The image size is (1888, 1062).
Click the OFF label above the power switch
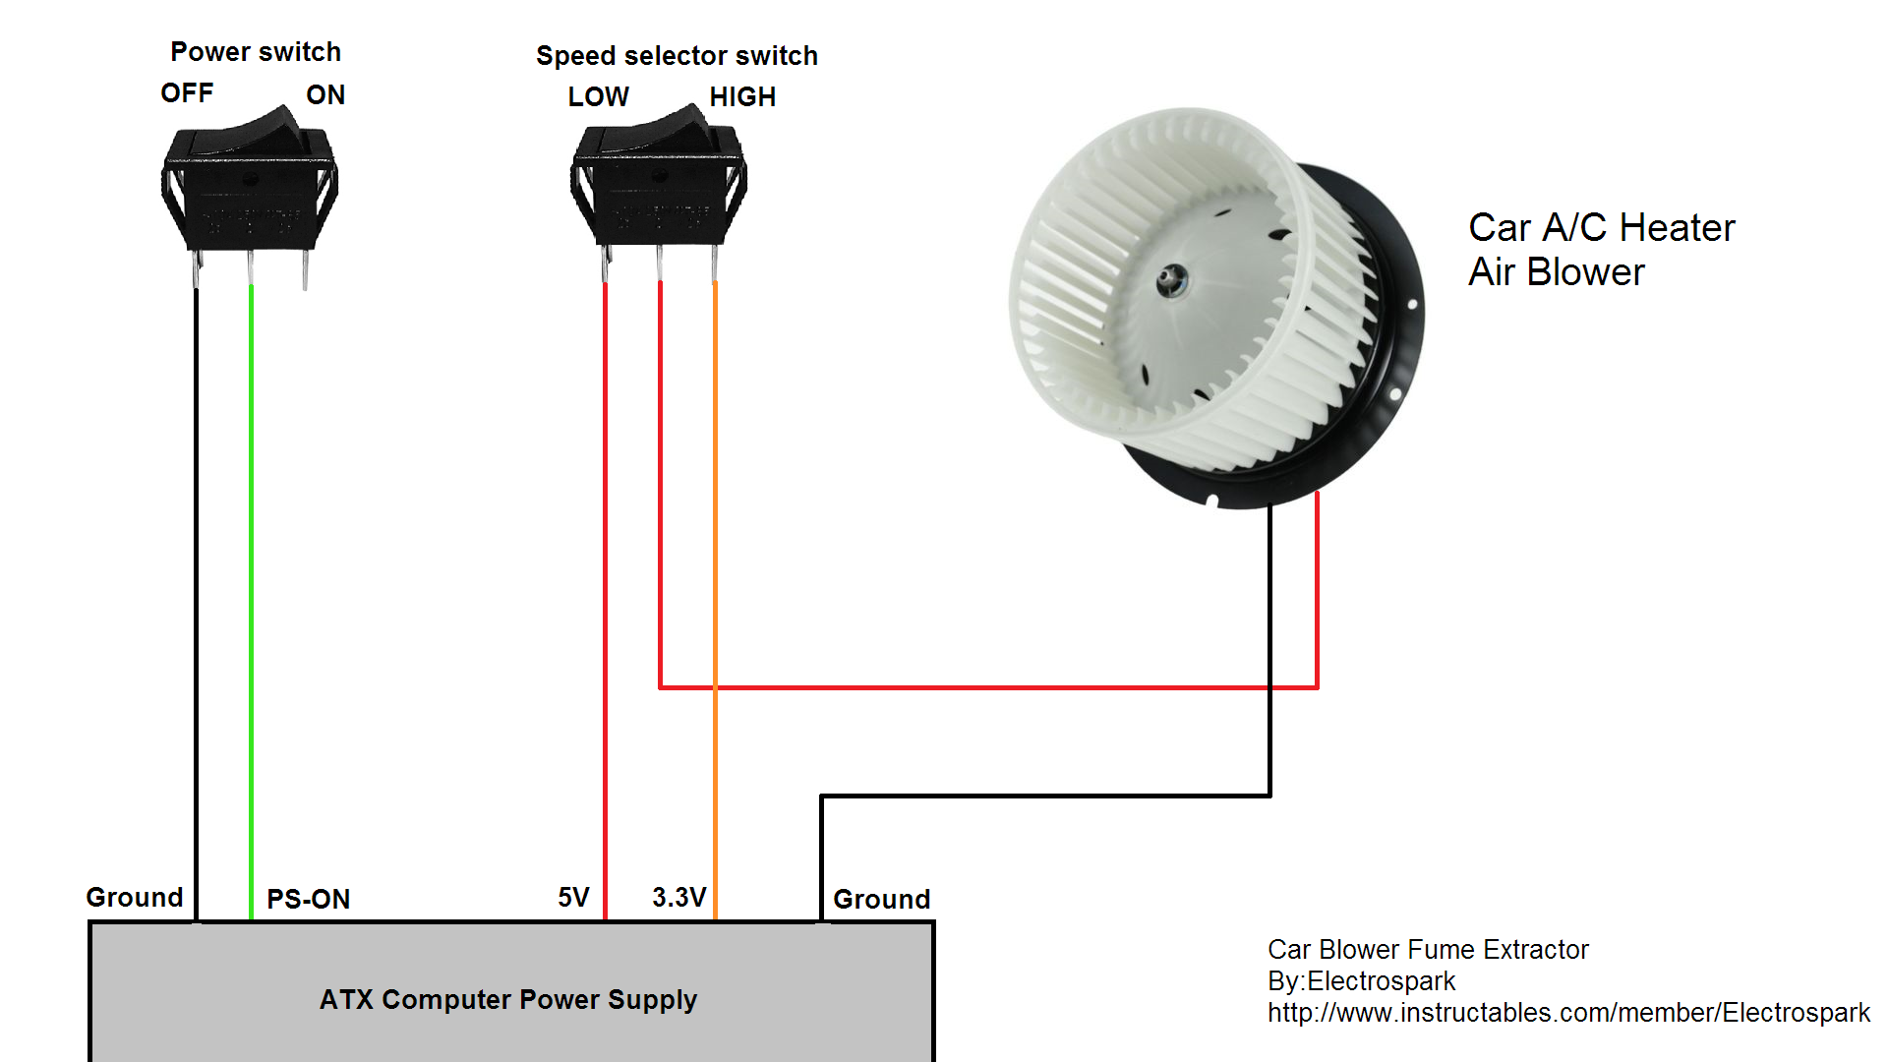(x=187, y=93)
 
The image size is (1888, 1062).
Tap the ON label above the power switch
(x=325, y=95)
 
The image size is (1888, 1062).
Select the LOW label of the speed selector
(x=598, y=97)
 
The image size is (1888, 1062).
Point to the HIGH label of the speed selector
(x=742, y=97)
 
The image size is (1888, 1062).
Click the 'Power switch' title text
(x=256, y=52)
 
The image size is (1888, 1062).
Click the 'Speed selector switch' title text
(x=677, y=56)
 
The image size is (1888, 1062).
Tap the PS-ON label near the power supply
(x=308, y=899)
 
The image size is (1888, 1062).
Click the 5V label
(x=573, y=897)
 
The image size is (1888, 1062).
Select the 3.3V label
(x=678, y=897)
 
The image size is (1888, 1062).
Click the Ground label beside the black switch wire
(x=135, y=897)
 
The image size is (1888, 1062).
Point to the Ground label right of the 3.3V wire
(x=881, y=899)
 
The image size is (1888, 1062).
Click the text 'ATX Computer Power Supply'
(x=507, y=999)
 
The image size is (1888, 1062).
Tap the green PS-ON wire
(x=252, y=590)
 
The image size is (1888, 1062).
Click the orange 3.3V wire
(x=715, y=492)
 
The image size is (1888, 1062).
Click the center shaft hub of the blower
(x=1170, y=280)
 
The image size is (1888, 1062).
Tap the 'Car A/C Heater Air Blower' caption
(x=1600, y=250)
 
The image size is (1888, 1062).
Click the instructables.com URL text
(x=1567, y=1013)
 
